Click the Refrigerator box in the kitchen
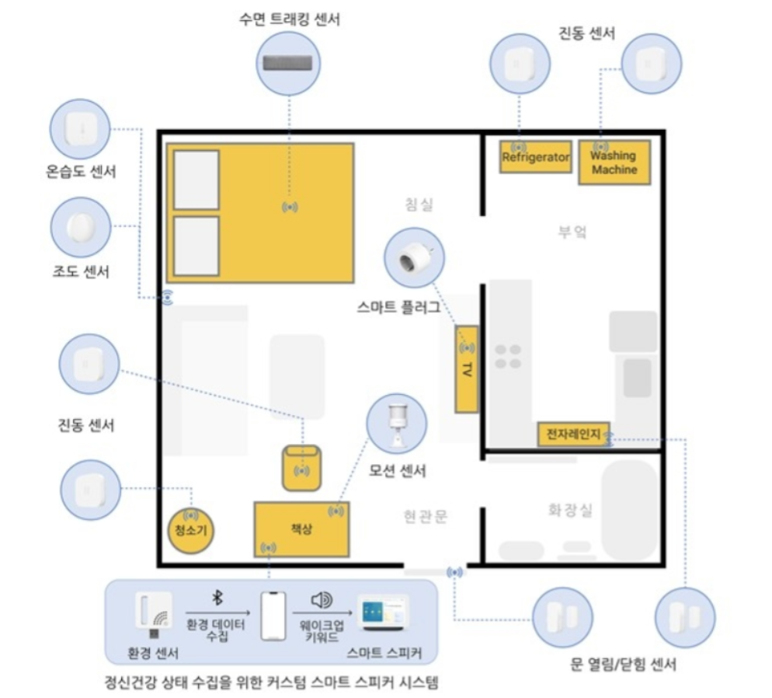coord(536,157)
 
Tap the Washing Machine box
coord(614,162)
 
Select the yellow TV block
coord(466,368)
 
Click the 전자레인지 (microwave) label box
coord(574,434)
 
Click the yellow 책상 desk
coord(302,529)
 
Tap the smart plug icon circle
coord(415,257)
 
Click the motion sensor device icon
coord(397,424)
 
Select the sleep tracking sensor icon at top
coord(288,64)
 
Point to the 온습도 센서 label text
coord(81,172)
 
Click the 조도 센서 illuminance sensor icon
coord(81,227)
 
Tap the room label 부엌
coord(572,232)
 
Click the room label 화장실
coord(569,509)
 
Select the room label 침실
coord(419,204)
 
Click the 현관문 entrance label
coord(426,516)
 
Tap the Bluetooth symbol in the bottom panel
coord(217,597)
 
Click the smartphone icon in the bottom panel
coord(273,616)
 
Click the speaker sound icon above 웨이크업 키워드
coord(322,599)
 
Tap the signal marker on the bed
coord(290,208)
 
